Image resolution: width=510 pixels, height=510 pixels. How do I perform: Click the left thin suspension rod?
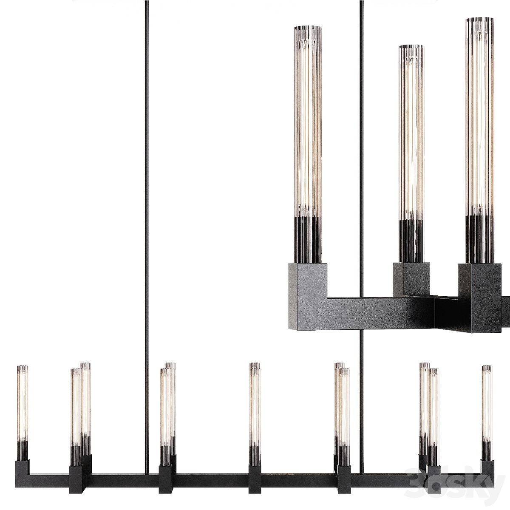click(x=147, y=212)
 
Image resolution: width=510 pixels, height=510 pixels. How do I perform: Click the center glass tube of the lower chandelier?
click(x=255, y=408)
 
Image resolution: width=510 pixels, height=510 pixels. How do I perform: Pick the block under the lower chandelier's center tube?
click(x=255, y=478)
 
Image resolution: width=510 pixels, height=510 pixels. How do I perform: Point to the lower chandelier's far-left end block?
click(x=22, y=467)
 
